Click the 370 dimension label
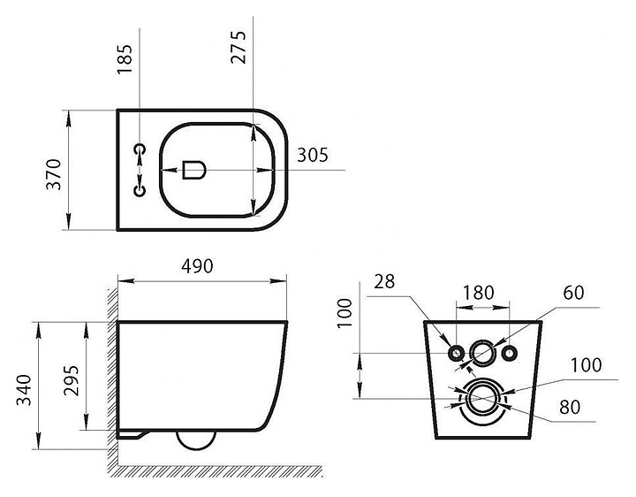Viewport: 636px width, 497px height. click(x=54, y=174)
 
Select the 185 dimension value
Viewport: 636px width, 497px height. click(x=125, y=59)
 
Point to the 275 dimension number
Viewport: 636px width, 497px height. click(x=238, y=47)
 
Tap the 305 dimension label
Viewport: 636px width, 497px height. click(x=313, y=155)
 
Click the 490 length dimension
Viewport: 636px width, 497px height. click(x=197, y=266)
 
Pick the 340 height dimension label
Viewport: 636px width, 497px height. click(x=24, y=390)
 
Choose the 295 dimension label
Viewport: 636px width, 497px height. click(x=72, y=380)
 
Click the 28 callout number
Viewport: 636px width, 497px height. click(x=384, y=281)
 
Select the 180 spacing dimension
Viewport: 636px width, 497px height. click(x=479, y=293)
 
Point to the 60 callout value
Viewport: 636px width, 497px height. click(x=573, y=293)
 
